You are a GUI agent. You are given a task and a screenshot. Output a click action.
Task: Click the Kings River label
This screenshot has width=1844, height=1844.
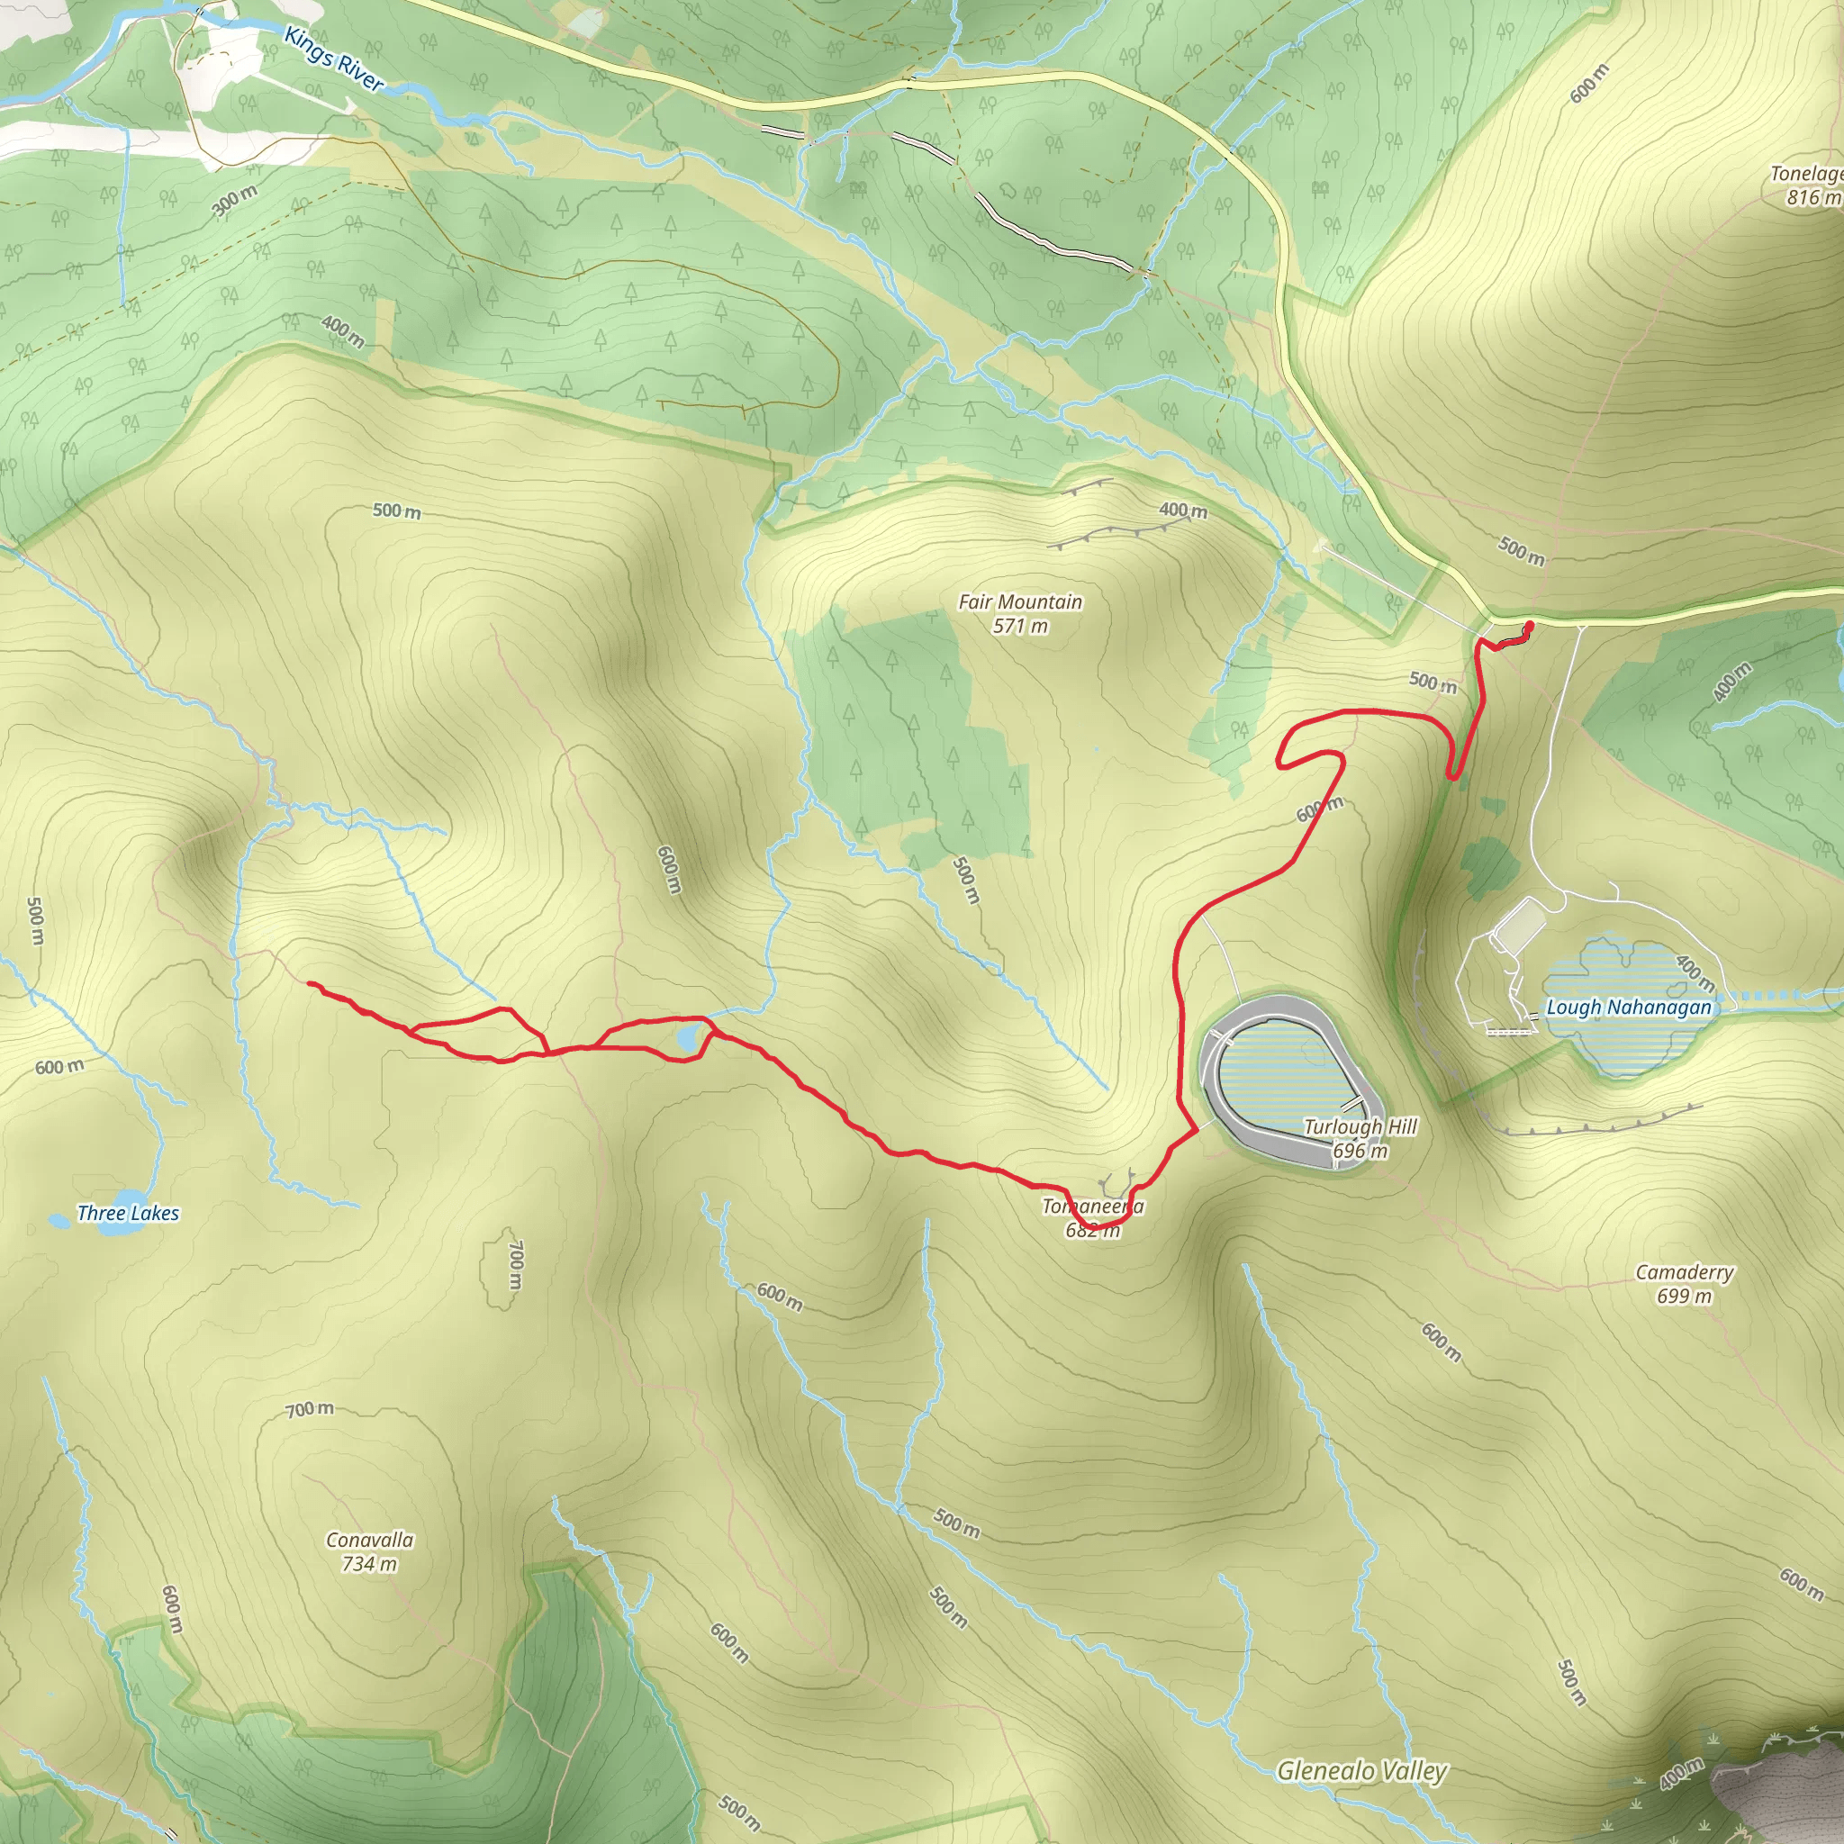[x=334, y=59]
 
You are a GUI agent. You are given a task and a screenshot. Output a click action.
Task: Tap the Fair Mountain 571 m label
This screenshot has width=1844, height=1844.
[x=1020, y=614]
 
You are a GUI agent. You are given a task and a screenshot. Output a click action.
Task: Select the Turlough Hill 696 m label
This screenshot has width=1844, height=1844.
[x=1360, y=1138]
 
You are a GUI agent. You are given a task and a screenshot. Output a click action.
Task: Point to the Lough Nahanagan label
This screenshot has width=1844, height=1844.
[x=1628, y=1007]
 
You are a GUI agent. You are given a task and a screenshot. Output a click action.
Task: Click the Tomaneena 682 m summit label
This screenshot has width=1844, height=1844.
[x=1093, y=1218]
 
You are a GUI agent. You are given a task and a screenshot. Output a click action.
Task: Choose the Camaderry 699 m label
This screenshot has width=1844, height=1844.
[x=1685, y=1284]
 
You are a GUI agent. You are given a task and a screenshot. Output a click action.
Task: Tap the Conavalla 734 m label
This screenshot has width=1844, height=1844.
[x=369, y=1551]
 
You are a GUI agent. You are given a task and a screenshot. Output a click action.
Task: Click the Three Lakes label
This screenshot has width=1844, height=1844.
[x=128, y=1213]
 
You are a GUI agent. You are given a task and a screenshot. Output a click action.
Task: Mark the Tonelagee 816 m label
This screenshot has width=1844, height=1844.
[x=1807, y=185]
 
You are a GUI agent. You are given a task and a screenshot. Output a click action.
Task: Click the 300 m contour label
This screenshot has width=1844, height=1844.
[x=234, y=201]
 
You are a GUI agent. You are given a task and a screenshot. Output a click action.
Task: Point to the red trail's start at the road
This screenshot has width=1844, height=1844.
[x=1531, y=625]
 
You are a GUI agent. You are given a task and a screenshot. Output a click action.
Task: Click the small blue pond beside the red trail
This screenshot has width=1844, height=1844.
[x=687, y=1038]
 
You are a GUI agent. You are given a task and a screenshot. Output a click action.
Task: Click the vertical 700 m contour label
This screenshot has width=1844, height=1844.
[x=515, y=1265]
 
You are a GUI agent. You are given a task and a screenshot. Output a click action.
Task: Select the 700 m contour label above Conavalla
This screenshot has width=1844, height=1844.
[x=311, y=1409]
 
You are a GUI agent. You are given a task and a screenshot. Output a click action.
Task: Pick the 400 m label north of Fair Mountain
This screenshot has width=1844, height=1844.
[x=1183, y=511]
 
